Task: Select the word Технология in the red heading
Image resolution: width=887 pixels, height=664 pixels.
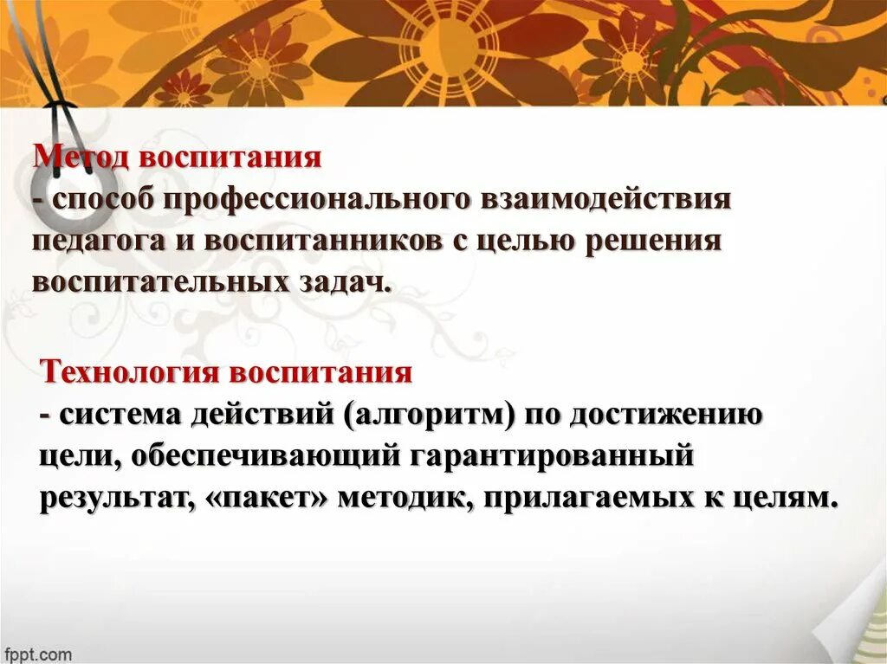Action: [x=130, y=373]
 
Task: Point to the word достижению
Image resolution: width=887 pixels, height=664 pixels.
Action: [x=665, y=415]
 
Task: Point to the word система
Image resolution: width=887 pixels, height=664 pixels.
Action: [x=120, y=415]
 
